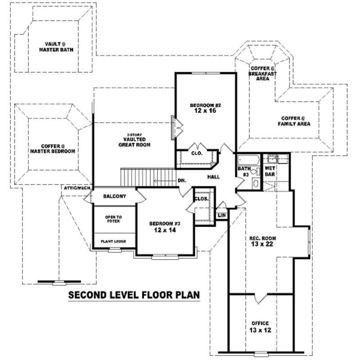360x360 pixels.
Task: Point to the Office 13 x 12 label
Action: [260, 327]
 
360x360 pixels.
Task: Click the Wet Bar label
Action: [270, 171]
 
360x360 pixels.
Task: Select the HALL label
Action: [213, 177]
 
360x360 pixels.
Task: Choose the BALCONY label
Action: [114, 197]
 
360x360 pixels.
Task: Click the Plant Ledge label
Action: [113, 242]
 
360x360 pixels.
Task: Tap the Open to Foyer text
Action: [113, 219]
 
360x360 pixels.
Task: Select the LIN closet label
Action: [221, 216]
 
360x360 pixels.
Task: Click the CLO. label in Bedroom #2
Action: [197, 153]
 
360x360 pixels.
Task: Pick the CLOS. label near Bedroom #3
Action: [201, 198]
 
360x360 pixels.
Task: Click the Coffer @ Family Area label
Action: [293, 121]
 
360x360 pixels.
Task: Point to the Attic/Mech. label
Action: [77, 188]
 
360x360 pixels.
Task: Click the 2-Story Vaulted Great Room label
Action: [134, 142]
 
